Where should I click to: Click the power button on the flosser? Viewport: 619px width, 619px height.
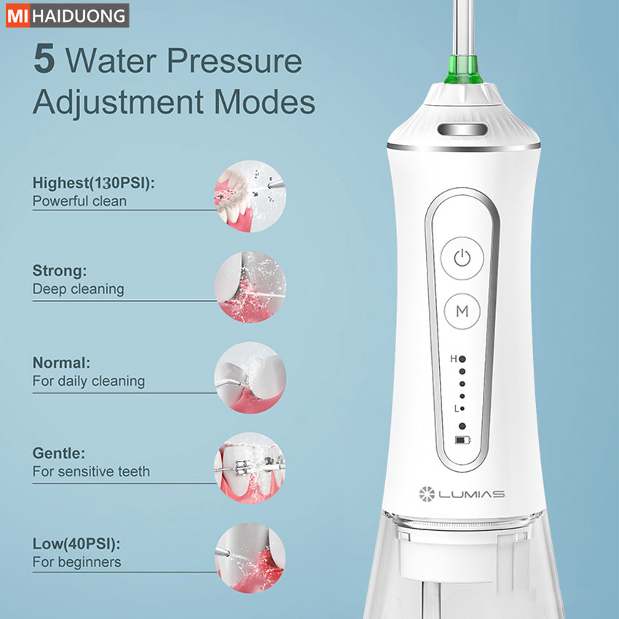click(x=462, y=259)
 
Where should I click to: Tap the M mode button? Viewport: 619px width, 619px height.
click(x=462, y=311)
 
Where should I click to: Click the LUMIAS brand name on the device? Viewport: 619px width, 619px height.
click(x=471, y=494)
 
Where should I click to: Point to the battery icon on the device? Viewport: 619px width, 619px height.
click(x=462, y=440)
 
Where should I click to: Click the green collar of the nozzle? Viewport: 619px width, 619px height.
click(x=463, y=70)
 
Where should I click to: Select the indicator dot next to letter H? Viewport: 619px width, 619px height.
click(x=462, y=359)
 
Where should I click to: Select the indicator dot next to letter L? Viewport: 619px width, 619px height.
click(x=462, y=409)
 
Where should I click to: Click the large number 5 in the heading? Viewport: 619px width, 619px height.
click(x=44, y=59)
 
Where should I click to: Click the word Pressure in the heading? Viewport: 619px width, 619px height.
click(x=234, y=60)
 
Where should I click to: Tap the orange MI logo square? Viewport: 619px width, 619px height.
click(x=17, y=16)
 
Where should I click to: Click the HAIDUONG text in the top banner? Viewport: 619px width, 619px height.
click(x=79, y=16)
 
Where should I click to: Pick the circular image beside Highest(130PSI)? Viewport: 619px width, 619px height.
click(x=251, y=196)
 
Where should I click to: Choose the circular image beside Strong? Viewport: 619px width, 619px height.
click(x=251, y=287)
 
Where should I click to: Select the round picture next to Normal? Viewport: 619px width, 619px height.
click(x=251, y=378)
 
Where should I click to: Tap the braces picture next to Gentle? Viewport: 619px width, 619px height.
click(x=251, y=468)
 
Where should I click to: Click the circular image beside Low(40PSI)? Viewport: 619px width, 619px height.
click(x=251, y=558)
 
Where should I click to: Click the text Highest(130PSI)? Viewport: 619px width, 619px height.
click(x=93, y=184)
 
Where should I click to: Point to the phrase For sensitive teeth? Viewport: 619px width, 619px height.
click(x=91, y=471)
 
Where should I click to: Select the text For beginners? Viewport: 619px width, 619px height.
click(x=76, y=561)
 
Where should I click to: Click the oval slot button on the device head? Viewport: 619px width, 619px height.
click(x=462, y=129)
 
